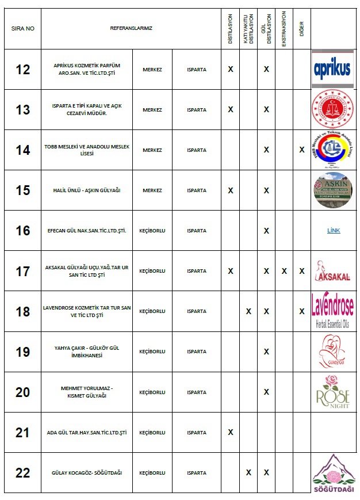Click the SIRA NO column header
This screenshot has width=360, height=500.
(22, 28)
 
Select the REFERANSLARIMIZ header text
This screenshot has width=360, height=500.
(131, 28)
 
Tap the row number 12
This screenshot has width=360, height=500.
(22, 70)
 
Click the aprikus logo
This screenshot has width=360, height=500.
(332, 69)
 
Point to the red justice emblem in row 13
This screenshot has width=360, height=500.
(332, 110)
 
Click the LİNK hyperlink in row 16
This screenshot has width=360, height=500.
(334, 231)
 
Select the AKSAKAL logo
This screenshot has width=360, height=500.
(332, 271)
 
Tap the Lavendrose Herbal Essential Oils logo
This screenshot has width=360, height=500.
(332, 311)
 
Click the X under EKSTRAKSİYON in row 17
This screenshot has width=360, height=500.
(284, 271)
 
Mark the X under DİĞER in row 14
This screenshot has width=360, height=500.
(302, 150)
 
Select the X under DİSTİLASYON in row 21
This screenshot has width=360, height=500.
(231, 432)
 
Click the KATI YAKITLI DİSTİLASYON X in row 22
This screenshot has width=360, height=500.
(248, 472)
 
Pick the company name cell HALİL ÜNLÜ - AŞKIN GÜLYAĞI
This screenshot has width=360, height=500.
(87, 190)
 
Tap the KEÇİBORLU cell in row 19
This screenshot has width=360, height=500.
(152, 352)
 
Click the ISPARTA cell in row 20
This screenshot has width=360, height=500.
(197, 392)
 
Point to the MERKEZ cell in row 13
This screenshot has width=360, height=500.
(152, 110)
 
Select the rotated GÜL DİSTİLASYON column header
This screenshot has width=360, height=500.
(266, 28)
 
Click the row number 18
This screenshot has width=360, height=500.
(22, 311)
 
